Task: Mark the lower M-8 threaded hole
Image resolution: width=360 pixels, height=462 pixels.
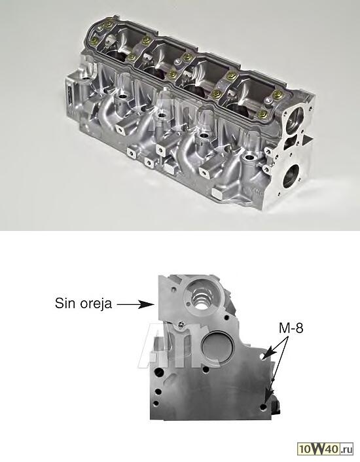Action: click(263, 408)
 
